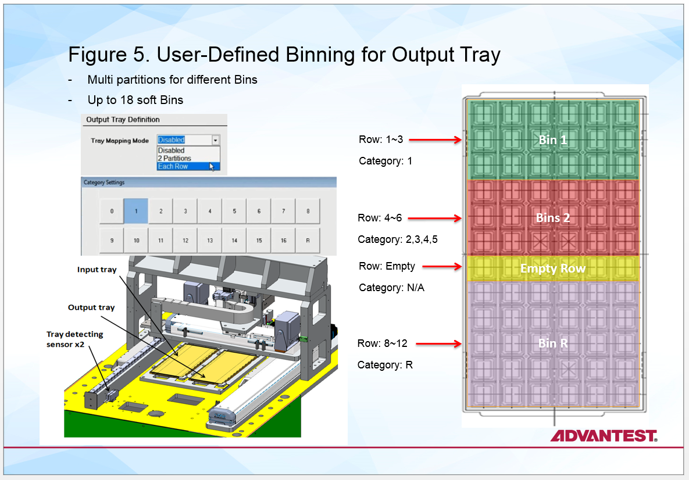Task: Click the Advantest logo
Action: tap(604, 436)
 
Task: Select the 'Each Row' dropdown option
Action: tap(173, 166)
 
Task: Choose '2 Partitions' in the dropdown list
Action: tap(174, 158)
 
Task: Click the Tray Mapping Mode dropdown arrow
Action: tap(215, 140)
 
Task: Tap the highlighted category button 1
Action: tap(136, 211)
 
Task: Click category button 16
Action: tap(283, 241)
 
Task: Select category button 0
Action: tap(112, 211)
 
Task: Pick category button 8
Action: tap(308, 211)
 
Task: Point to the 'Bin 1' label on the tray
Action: tap(552, 140)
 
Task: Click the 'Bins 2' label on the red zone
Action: tap(552, 218)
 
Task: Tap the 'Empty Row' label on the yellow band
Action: tap(552, 268)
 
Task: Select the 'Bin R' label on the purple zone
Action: tap(552, 343)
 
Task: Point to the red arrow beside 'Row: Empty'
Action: tap(442, 267)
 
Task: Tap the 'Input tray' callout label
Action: tap(97, 270)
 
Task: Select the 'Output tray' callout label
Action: tap(91, 307)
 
